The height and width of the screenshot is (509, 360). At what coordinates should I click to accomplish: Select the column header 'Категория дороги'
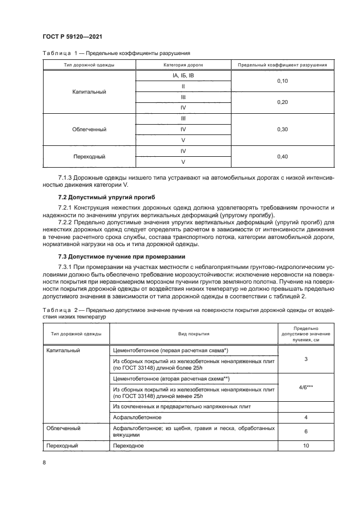click(x=183, y=65)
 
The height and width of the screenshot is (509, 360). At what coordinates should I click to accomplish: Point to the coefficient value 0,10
click(x=282, y=81)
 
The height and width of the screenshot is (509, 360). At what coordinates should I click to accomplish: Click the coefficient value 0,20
click(x=282, y=102)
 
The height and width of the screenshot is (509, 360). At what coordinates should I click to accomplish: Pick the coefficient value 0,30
click(x=282, y=130)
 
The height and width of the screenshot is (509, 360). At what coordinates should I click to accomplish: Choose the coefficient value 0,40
click(x=282, y=157)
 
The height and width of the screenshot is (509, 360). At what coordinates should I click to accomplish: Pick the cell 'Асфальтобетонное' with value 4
click(x=137, y=417)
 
